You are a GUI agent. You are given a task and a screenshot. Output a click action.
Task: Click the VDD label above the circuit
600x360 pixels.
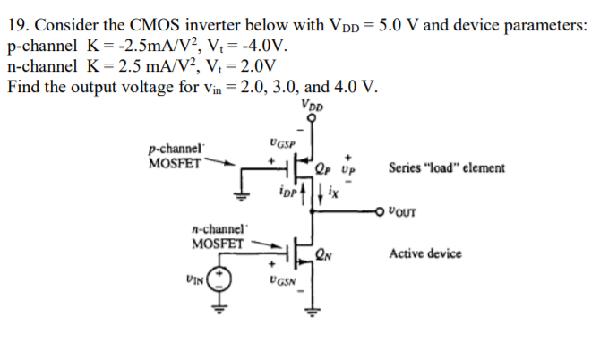[314, 105]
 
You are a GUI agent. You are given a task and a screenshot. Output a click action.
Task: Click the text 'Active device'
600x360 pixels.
[425, 254]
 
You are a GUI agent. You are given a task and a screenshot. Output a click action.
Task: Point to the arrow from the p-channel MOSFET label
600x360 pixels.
[220, 165]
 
